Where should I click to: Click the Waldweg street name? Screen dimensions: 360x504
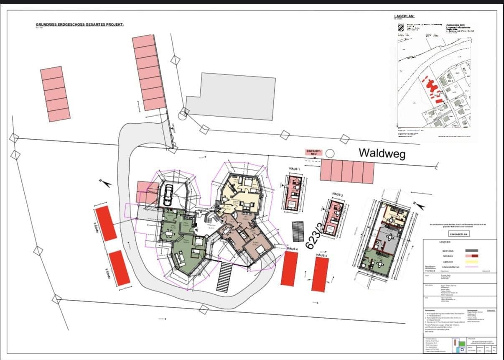point(382,154)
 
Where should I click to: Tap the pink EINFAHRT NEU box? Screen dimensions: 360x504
point(313,153)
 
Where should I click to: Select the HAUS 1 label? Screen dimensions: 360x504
point(295,169)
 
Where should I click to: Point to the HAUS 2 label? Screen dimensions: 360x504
point(337,194)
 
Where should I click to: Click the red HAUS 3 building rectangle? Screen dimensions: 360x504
point(320,274)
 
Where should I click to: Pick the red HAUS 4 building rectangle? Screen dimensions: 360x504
point(289,269)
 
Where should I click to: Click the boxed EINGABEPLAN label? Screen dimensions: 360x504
point(459,234)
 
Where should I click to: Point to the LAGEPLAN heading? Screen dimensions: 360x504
point(404,16)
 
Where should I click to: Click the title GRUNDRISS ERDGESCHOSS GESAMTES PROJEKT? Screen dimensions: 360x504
point(79,25)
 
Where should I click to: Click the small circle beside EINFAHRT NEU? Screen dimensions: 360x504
point(330,153)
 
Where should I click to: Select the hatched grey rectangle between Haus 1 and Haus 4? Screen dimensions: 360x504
point(298,231)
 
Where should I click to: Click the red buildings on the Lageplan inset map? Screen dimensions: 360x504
point(432,88)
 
